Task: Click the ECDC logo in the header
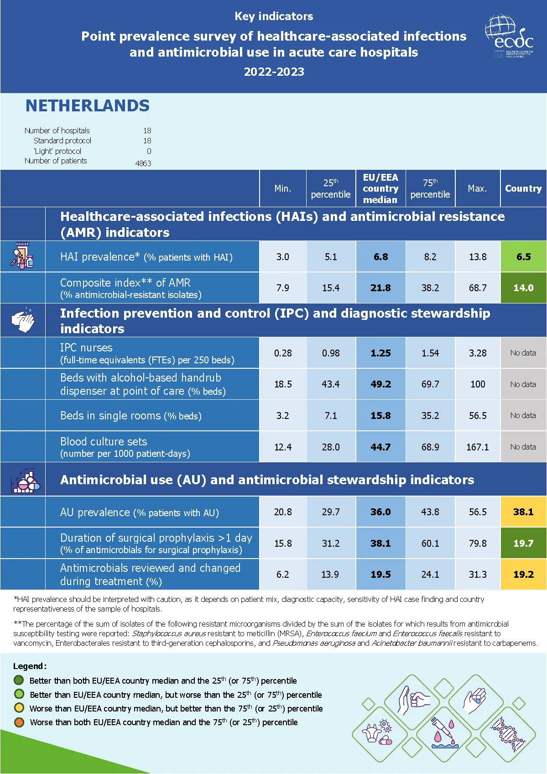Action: point(509,37)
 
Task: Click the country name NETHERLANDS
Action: point(87,106)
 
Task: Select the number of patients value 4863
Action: point(143,163)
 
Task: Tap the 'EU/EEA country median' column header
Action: point(380,188)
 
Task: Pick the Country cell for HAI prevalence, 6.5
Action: point(523,257)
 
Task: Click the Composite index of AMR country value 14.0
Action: point(523,288)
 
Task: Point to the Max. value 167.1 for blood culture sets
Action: point(477,447)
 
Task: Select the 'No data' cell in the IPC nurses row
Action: point(523,353)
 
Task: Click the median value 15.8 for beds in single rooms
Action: point(380,416)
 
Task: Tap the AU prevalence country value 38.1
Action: point(523,512)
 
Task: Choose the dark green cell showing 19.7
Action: point(523,544)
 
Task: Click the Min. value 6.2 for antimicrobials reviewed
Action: point(282,575)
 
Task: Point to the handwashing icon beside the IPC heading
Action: point(23,320)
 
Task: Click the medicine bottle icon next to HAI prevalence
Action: point(22,256)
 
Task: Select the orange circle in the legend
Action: point(19,722)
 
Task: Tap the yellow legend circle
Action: point(19,708)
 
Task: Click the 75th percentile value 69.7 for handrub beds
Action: point(430,384)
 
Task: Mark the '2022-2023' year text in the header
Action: point(274,72)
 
